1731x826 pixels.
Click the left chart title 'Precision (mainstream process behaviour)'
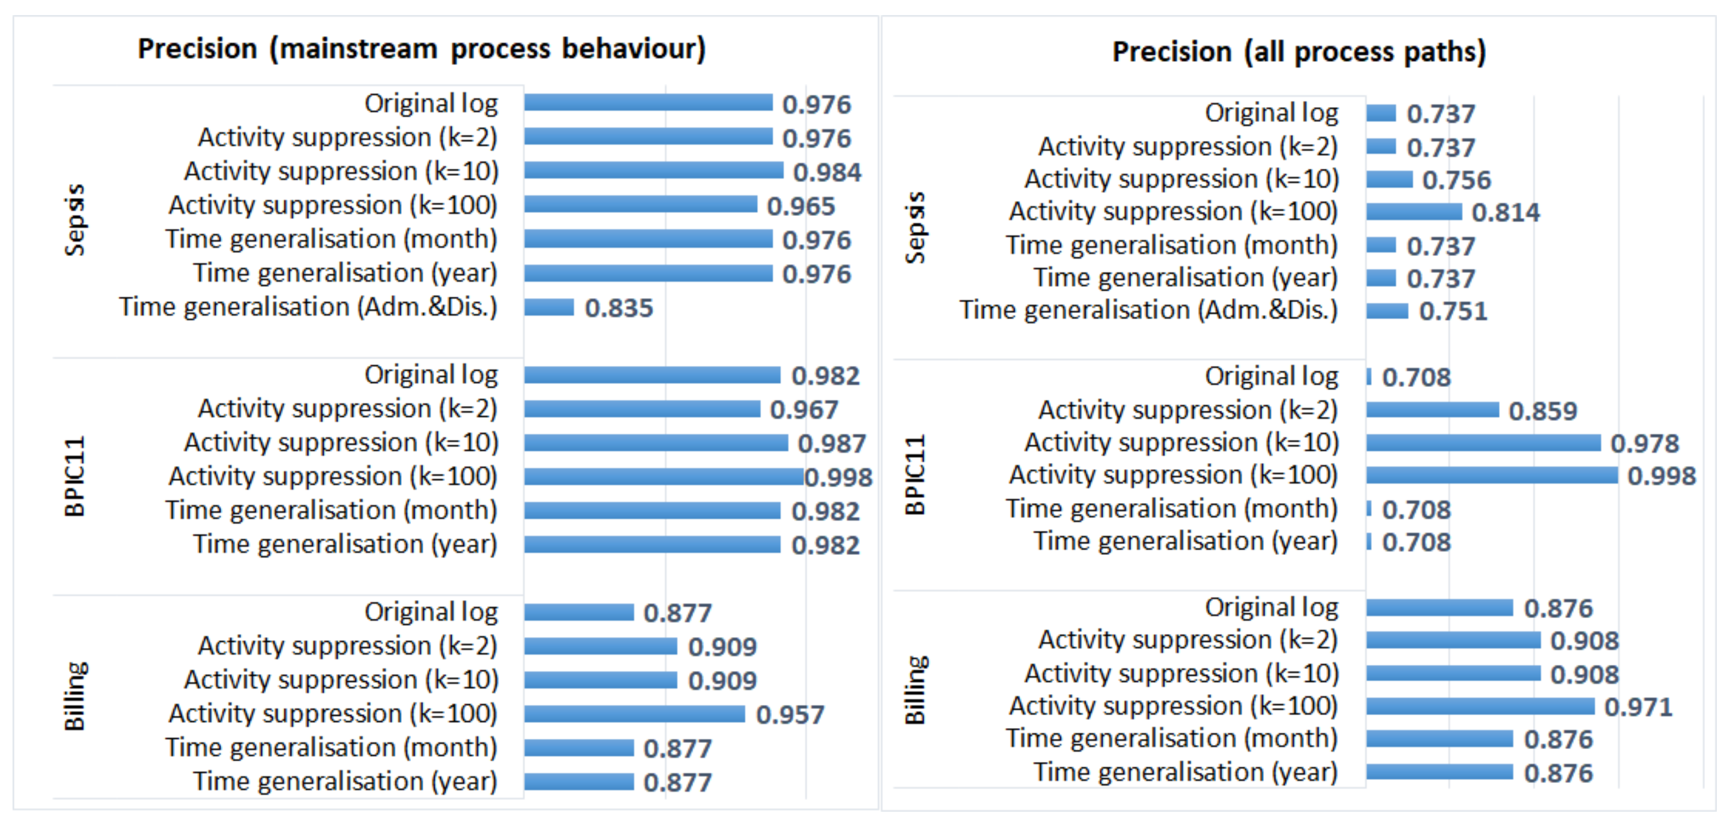click(x=421, y=49)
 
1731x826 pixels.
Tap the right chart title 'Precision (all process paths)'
click(x=1299, y=52)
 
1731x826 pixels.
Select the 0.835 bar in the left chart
click(x=549, y=307)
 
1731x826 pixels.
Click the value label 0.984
click(x=827, y=173)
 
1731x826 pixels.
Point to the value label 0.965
click(x=801, y=206)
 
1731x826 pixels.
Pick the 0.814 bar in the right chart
click(x=1414, y=212)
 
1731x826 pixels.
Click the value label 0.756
click(x=1457, y=180)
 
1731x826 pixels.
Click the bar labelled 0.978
click(x=1484, y=443)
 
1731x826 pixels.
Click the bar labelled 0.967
click(x=642, y=408)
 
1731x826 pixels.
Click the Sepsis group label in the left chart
click(x=75, y=220)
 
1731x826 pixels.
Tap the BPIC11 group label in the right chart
click(x=915, y=475)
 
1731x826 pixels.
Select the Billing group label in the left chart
click(x=75, y=696)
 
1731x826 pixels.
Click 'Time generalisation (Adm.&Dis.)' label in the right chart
click(x=1148, y=310)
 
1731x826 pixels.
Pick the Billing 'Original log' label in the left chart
click(x=431, y=612)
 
